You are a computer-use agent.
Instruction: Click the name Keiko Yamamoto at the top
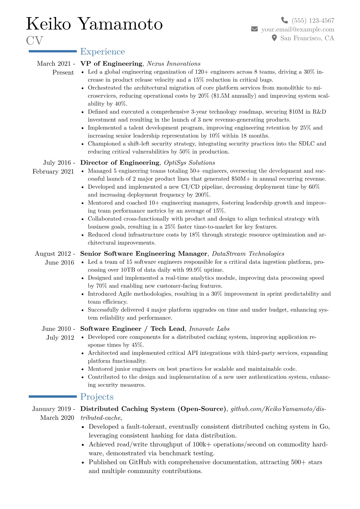pyautogui.click(x=94, y=24)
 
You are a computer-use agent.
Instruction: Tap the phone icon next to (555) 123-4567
pyautogui.click(x=284, y=20)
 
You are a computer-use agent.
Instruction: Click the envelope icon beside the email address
pyautogui.click(x=254, y=29)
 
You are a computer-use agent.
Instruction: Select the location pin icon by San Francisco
pyautogui.click(x=274, y=38)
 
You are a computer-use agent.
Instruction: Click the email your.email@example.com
pyautogui.click(x=298, y=29)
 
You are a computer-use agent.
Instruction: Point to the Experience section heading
pyautogui.click(x=102, y=52)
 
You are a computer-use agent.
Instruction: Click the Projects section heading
pyautogui.click(x=97, y=397)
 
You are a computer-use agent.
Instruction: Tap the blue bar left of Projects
pyautogui.click(x=53, y=396)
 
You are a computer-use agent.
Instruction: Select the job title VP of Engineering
pyautogui.click(x=111, y=64)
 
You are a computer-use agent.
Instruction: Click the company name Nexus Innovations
pyautogui.click(x=174, y=64)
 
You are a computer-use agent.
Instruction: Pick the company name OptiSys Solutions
pyautogui.click(x=189, y=163)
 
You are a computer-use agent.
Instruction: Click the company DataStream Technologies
pyautogui.click(x=248, y=254)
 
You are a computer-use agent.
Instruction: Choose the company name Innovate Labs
pyautogui.click(x=209, y=329)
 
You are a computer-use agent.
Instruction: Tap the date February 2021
pyautogui.click(x=53, y=171)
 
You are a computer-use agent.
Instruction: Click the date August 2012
pyautogui.click(x=53, y=254)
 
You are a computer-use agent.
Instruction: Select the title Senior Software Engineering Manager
pyautogui.click(x=144, y=254)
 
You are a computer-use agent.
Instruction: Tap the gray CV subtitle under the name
pyautogui.click(x=34, y=41)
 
